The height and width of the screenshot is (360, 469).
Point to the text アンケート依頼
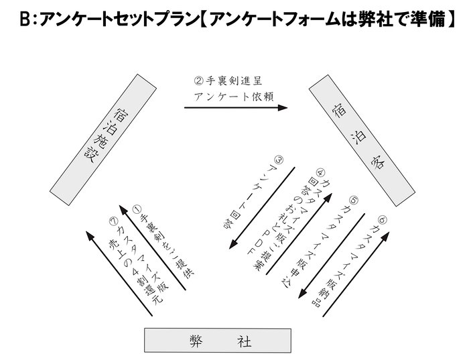pos(230,95)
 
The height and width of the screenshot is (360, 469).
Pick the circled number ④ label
pos(320,171)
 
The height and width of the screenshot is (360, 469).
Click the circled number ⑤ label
pos(353,199)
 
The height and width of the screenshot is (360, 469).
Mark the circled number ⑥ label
pos(381,219)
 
